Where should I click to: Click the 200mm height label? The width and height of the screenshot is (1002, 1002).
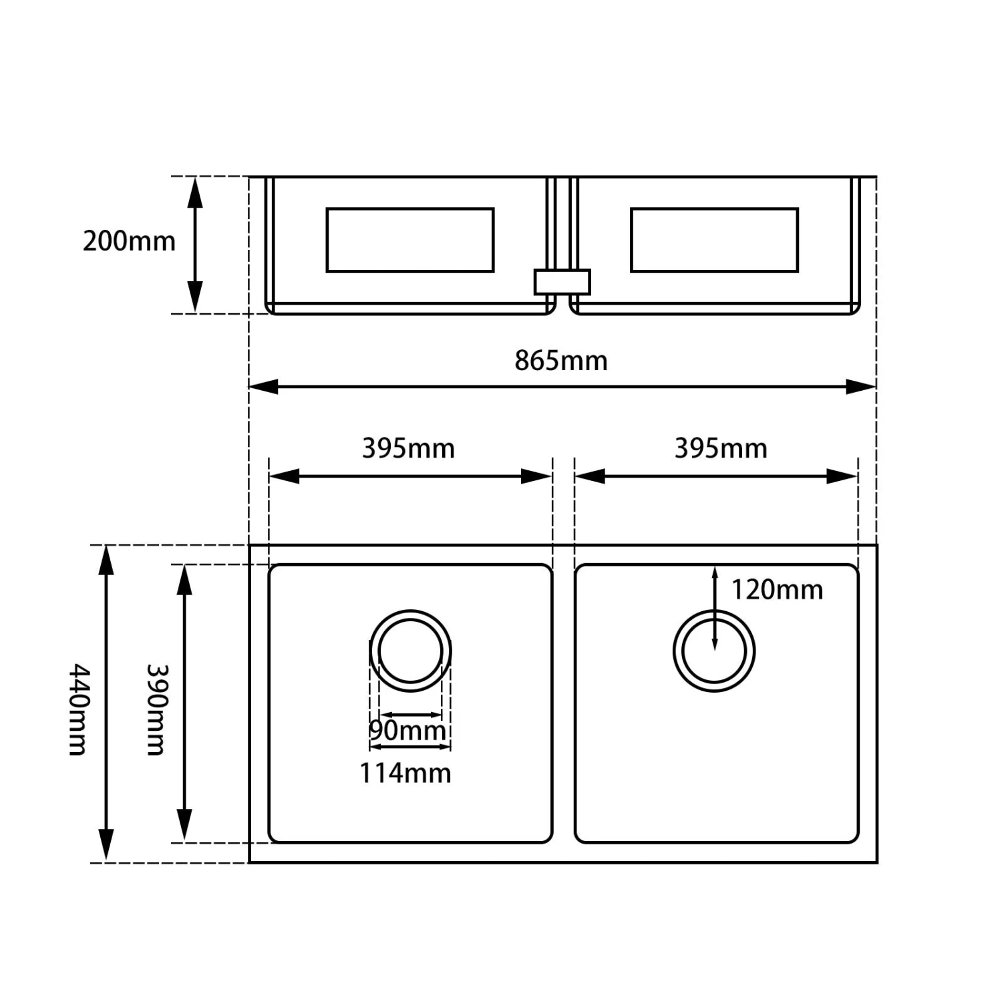click(x=129, y=240)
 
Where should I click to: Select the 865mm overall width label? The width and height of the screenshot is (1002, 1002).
click(x=561, y=361)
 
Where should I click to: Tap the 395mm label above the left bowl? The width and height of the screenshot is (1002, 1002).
click(x=408, y=448)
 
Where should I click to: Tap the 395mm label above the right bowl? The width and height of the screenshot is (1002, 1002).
click(x=721, y=448)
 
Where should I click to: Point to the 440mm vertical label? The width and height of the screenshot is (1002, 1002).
click(x=79, y=709)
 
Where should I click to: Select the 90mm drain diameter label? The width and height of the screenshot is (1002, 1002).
click(x=407, y=730)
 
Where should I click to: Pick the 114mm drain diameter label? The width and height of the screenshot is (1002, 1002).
click(x=405, y=773)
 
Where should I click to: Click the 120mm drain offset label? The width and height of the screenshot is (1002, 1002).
click(x=777, y=590)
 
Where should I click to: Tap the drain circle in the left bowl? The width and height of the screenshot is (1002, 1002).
click(x=410, y=651)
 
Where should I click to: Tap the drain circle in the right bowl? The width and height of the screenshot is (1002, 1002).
click(x=714, y=651)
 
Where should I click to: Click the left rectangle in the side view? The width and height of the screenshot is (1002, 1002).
click(x=410, y=240)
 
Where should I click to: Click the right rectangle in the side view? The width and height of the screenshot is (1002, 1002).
click(x=714, y=240)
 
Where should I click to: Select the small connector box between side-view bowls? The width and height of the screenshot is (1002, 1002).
click(x=562, y=281)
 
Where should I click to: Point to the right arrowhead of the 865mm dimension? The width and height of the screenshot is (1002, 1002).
click(x=861, y=386)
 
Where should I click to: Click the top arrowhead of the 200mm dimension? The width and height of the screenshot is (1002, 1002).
click(x=194, y=191)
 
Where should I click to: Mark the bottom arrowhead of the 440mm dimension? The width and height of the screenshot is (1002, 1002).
click(x=106, y=846)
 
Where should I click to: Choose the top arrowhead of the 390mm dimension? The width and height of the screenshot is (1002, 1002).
click(x=184, y=579)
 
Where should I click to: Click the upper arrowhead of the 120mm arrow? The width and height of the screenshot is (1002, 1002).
click(x=715, y=573)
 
